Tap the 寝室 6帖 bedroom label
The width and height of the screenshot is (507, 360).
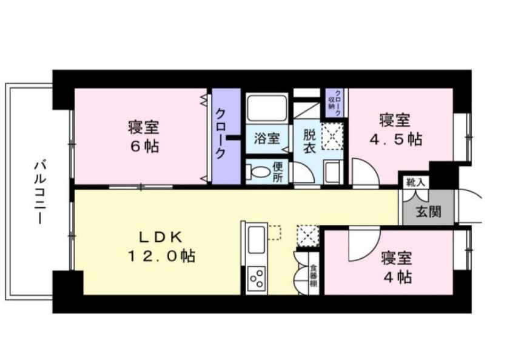pos(143,136)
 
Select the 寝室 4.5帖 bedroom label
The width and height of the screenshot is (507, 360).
pos(395,128)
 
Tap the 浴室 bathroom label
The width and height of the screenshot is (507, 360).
pos(266,138)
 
